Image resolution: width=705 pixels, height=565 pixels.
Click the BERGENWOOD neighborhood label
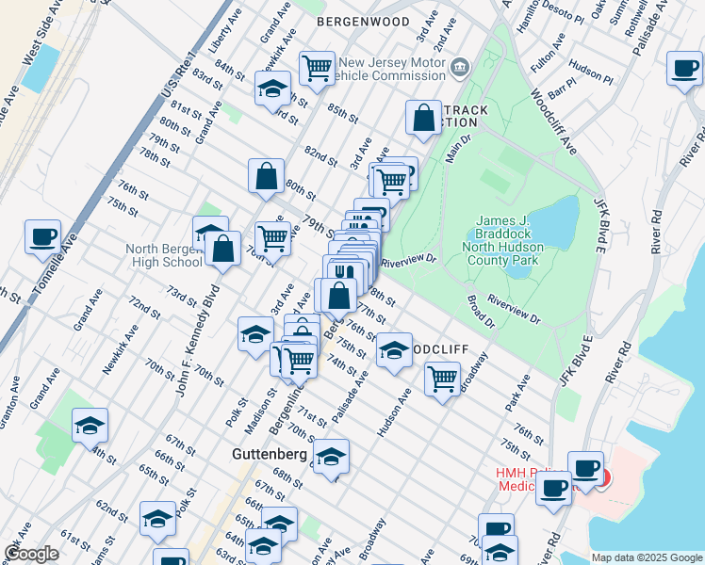pos(363,21)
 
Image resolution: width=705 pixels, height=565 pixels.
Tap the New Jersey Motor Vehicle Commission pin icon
pos(460,66)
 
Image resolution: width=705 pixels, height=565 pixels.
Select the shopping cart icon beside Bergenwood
pos(318,67)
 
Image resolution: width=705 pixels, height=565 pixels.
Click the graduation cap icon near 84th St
pos(272,88)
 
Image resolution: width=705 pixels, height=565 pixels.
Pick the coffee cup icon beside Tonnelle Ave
pos(42,236)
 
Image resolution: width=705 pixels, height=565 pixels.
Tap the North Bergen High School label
pos(164,255)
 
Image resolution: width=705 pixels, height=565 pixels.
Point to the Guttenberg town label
pos(269,454)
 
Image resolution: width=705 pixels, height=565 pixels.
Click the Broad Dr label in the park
pos(482,314)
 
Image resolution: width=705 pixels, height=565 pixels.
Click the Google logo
pos(32,554)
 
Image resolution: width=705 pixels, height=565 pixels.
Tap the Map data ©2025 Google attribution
pos(646,557)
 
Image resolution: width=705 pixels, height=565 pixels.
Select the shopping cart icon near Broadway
pos(442,379)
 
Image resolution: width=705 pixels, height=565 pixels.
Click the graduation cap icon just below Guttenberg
pos(331,457)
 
